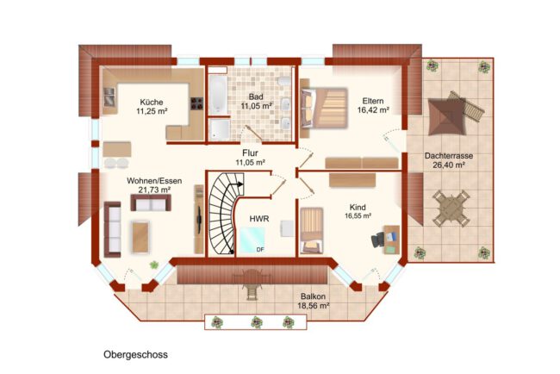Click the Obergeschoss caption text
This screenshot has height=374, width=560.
[x=135, y=355]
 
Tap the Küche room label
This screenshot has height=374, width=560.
[x=152, y=102]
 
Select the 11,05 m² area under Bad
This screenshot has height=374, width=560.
[x=257, y=106]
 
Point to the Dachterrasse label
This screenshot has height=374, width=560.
[x=449, y=156]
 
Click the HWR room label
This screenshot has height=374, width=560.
[x=259, y=219]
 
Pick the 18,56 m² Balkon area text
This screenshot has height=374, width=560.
[x=314, y=306]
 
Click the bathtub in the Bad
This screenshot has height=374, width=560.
[x=217, y=95]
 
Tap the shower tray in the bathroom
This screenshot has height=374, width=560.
[x=220, y=129]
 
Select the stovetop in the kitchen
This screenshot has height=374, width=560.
[x=196, y=103]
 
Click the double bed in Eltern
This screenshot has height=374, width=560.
[x=324, y=109]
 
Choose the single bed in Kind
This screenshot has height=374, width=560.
[x=311, y=230]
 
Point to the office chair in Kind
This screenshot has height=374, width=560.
[x=377, y=240]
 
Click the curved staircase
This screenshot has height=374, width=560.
[x=223, y=214]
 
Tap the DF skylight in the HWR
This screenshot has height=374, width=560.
[x=252, y=240]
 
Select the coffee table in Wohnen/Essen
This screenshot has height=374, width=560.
[x=140, y=237]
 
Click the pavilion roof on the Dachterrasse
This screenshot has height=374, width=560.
[x=447, y=117]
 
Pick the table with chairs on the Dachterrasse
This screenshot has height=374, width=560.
[x=451, y=209]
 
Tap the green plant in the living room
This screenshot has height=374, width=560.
[x=154, y=265]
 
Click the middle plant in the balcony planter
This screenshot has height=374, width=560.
[x=257, y=322]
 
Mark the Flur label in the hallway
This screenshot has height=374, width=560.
[x=250, y=153]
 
